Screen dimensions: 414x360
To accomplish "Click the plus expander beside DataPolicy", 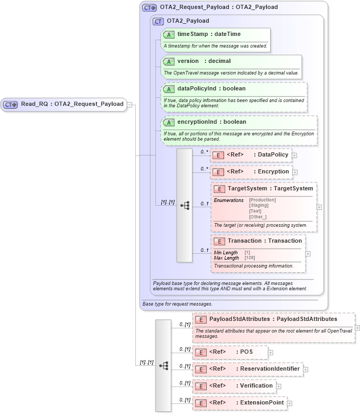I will [294, 155].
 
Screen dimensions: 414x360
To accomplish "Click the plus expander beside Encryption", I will [295, 172].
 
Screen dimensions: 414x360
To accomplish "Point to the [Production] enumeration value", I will [262, 200].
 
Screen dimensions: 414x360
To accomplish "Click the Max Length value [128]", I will [250, 258].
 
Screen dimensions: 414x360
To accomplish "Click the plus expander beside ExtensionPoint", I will [289, 403].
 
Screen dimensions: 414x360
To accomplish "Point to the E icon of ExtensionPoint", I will [201, 403].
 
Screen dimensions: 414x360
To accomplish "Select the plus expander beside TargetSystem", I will [319, 207].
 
